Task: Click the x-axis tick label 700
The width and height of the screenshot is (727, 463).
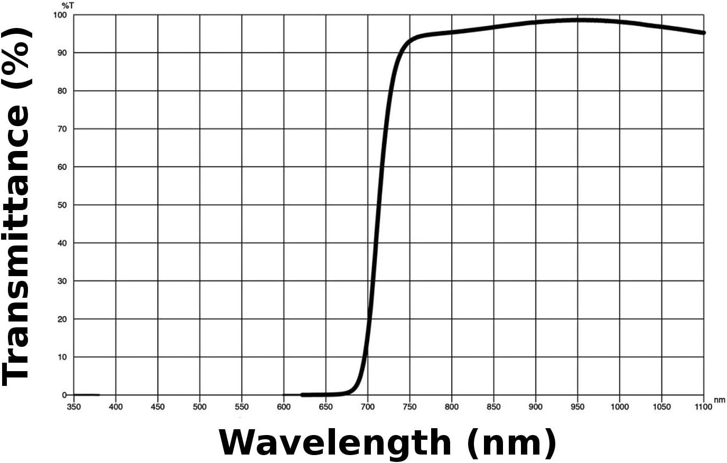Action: coord(368,407)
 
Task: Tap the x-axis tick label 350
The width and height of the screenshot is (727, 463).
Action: coord(74,407)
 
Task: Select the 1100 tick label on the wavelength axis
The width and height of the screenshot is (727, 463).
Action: coord(703,407)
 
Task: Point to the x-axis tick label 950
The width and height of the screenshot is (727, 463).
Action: coord(577,407)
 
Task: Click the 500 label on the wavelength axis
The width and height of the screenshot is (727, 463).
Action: coord(200,407)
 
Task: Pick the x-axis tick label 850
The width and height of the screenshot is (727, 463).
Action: coord(493,407)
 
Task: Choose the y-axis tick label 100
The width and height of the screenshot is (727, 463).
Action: coord(60,15)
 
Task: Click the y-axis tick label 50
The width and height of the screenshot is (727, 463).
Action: coord(62,205)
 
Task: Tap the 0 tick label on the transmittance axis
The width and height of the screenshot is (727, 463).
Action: coord(64,395)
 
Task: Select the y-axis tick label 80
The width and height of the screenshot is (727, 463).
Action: coord(62,91)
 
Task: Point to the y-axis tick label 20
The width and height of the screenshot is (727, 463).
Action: coord(62,319)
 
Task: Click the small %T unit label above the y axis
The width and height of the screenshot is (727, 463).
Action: coord(68,5)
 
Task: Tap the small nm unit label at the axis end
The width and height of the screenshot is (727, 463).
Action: coord(720,400)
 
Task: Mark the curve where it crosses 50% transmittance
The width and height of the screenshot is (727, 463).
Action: coord(377,205)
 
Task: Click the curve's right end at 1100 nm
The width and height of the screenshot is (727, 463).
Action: coord(703,33)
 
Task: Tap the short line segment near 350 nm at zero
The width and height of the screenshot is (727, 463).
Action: coord(86,395)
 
